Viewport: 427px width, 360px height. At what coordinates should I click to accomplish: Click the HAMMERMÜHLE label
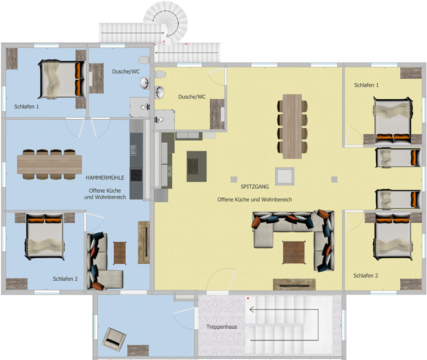(105, 178)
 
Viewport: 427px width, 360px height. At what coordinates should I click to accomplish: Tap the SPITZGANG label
(255, 187)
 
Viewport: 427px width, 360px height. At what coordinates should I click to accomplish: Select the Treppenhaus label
(222, 327)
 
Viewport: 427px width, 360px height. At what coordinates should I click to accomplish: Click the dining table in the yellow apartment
(292, 126)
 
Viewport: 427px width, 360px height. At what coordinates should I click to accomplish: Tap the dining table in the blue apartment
(50, 164)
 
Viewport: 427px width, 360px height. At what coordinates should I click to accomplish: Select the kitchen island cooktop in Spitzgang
(196, 166)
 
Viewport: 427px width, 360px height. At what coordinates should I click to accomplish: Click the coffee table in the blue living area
(120, 253)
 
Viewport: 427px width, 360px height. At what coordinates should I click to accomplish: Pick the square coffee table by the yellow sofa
(294, 252)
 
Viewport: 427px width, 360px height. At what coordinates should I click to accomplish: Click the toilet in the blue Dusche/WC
(144, 60)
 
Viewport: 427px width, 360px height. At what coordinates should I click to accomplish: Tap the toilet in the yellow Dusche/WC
(161, 74)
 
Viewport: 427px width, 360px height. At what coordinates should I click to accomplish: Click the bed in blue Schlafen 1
(61, 79)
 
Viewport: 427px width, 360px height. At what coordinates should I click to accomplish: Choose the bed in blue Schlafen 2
(45, 237)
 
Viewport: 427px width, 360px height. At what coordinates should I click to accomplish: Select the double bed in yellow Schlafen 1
(392, 120)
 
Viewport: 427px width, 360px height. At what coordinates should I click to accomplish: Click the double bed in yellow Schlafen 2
(392, 237)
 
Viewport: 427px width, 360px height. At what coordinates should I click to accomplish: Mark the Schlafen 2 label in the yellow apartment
(366, 276)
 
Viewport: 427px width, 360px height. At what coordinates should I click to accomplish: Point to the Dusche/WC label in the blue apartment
(126, 72)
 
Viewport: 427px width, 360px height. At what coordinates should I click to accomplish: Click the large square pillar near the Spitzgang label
(284, 176)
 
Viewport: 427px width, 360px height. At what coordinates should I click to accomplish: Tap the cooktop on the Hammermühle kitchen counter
(136, 175)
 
